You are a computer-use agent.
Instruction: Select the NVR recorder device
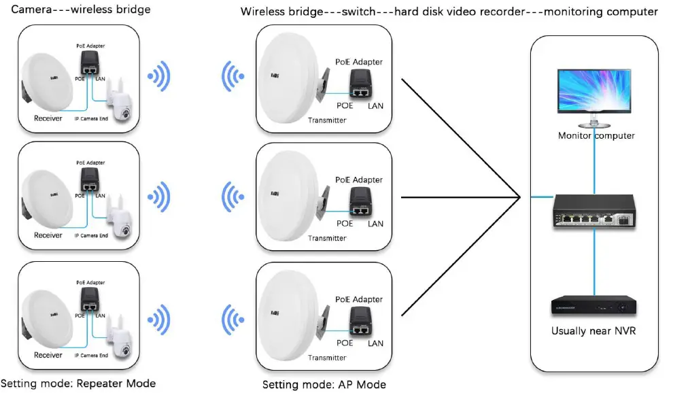[595, 307]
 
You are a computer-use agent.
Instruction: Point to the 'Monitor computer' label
[596, 135]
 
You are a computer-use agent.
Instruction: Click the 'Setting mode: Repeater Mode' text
[78, 384]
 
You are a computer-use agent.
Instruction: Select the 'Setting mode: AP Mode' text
[324, 385]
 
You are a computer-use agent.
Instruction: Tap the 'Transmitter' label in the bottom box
[327, 358]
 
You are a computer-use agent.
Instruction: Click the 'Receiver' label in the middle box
[48, 235]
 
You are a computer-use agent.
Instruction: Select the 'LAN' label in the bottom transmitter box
[375, 343]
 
